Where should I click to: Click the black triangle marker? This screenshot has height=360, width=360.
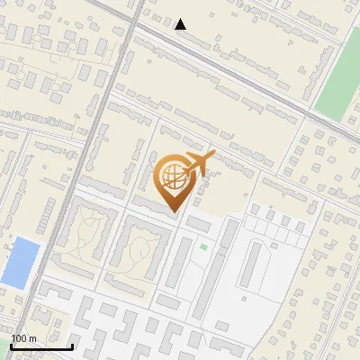(x=180, y=24)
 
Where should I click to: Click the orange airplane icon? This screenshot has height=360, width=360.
(x=200, y=165)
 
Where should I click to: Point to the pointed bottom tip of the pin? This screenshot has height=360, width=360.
(x=174, y=212)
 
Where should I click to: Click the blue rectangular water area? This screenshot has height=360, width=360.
(x=20, y=263)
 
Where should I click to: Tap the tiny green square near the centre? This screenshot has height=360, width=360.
(x=203, y=247)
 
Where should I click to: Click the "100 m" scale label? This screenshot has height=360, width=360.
(x=24, y=338)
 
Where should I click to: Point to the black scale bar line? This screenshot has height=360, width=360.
(x=41, y=346)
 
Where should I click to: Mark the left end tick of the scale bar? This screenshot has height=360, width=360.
(x=11, y=346)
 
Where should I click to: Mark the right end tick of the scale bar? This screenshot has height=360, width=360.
(x=72, y=346)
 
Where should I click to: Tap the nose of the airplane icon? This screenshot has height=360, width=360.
(x=214, y=156)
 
